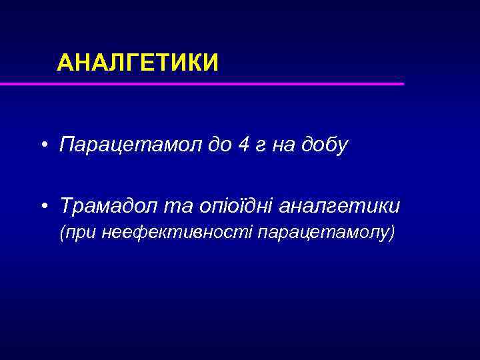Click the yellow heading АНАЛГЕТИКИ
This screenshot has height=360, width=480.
pyautogui.click(x=137, y=63)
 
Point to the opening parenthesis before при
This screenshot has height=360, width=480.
pyautogui.click(x=63, y=233)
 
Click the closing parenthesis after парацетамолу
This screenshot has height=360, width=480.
pyautogui.click(x=392, y=233)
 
